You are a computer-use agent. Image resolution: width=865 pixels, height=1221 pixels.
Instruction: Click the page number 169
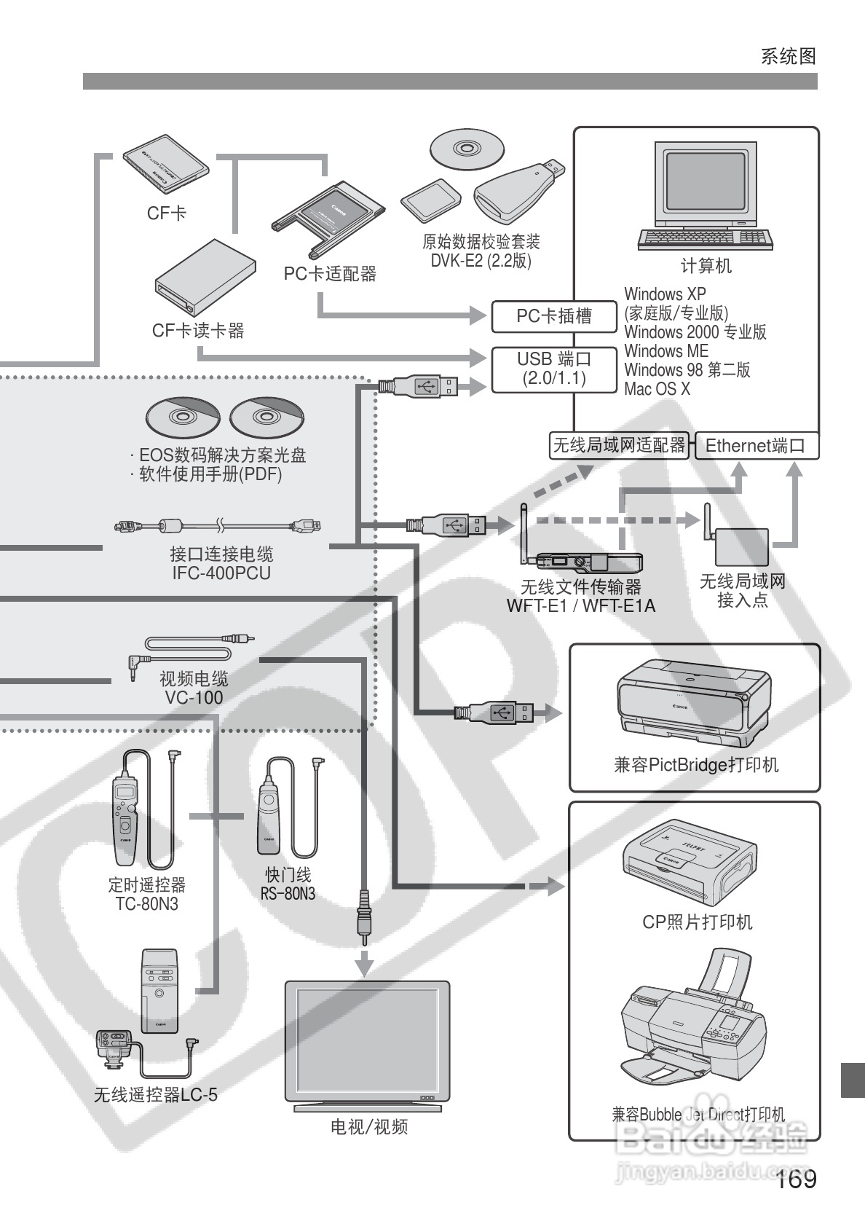coord(797,1179)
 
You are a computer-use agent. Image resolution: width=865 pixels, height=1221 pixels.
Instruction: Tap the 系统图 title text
coord(789,56)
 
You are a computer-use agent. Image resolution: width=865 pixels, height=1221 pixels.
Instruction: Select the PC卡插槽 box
coord(553,316)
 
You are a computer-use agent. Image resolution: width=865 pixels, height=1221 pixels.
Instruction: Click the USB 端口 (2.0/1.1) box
coord(553,369)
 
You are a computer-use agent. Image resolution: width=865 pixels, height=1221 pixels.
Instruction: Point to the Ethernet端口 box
coord(755,446)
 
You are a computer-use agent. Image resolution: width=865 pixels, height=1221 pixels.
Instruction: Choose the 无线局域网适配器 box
coord(619,445)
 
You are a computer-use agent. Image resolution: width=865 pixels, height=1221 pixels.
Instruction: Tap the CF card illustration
coord(166,163)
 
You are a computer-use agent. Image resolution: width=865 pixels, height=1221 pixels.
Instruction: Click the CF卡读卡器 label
coord(197,331)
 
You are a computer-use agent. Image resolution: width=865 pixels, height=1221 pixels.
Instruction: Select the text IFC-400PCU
coord(221,573)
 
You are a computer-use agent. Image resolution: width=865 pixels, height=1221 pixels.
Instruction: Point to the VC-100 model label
coord(194,697)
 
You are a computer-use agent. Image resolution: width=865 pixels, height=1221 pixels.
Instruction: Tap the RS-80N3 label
coord(288,894)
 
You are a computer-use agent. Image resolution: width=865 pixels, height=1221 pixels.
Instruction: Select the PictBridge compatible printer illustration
coord(693,703)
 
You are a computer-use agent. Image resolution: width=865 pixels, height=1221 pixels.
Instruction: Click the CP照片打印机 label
coord(697,922)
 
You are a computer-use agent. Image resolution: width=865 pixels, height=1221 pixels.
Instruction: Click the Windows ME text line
coord(666,351)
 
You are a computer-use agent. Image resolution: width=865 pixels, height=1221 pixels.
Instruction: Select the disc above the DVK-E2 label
coord(467,149)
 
